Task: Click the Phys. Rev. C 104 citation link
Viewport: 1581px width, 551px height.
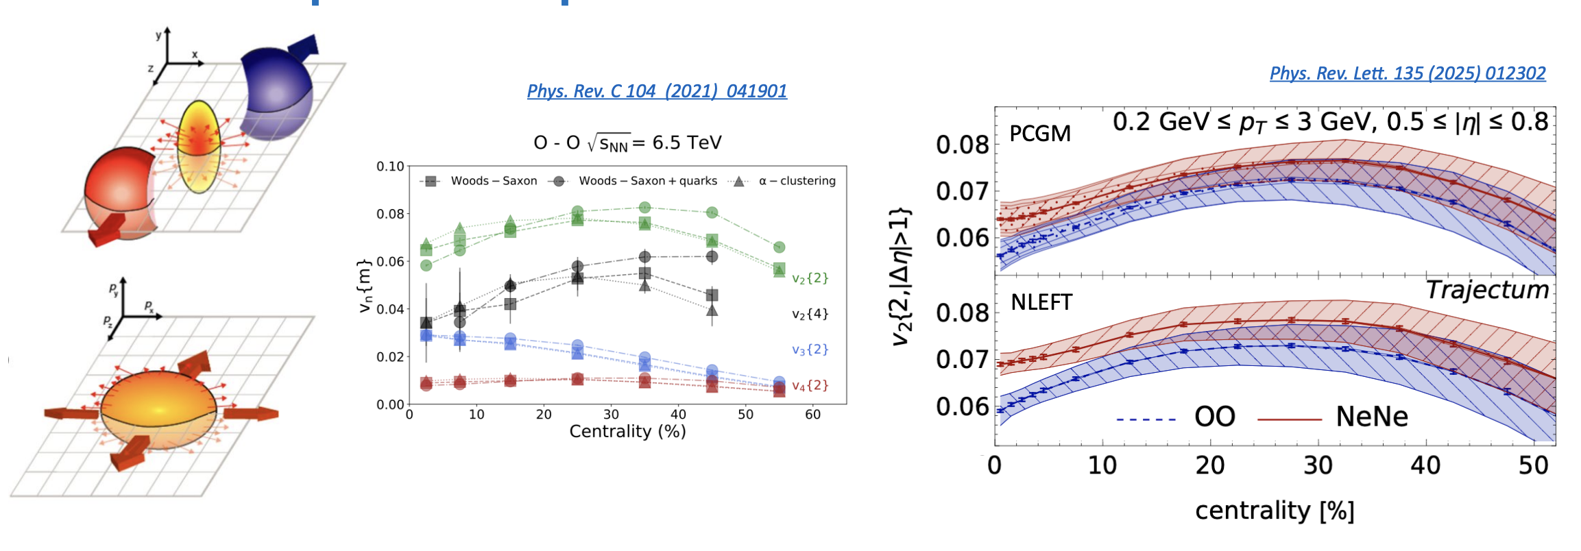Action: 657,91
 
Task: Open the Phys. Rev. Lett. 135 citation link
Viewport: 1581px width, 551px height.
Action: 1407,73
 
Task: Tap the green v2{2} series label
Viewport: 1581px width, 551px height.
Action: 810,278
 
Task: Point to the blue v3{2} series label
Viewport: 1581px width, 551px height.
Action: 810,350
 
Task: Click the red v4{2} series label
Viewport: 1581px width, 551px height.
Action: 810,386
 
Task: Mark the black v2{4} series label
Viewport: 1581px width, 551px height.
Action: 810,314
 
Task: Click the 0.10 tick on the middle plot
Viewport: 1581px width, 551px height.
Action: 390,167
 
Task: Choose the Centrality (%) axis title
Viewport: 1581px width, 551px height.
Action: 627,432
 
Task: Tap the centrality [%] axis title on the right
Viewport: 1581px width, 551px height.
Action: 1275,511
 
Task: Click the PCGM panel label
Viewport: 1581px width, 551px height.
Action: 1039,133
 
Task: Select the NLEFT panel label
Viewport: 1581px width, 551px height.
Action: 1041,302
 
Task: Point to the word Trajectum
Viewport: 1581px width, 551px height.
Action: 1486,290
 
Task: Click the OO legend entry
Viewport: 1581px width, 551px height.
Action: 1214,417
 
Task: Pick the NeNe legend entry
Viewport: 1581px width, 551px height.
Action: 1371,417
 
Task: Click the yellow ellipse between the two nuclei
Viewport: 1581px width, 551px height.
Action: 198,145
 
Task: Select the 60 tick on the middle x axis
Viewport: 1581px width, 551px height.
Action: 812,415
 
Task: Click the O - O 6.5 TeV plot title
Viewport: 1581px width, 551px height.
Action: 627,143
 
